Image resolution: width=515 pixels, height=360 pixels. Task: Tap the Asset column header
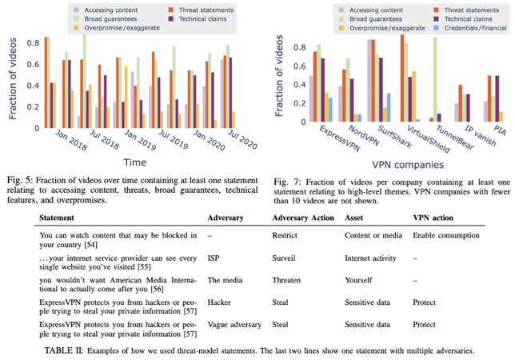pos(356,218)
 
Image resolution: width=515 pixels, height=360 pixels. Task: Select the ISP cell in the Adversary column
pos(214,258)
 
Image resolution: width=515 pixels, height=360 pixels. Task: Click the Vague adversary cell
pos(234,326)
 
